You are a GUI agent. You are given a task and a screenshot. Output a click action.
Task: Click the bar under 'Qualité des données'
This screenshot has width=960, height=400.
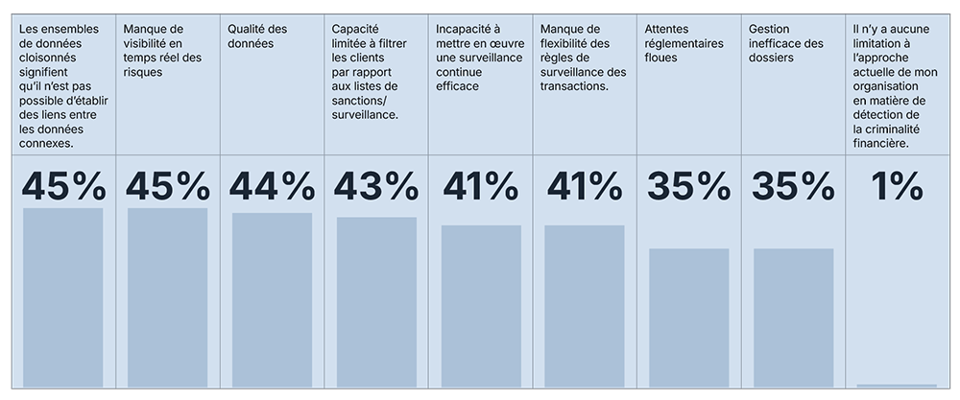(272, 299)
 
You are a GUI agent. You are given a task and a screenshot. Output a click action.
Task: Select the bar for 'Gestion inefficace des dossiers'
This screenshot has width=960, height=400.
(793, 318)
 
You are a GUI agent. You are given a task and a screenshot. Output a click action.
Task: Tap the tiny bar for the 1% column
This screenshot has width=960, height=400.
(897, 386)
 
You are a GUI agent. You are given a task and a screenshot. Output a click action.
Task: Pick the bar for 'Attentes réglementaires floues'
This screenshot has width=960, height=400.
(688, 318)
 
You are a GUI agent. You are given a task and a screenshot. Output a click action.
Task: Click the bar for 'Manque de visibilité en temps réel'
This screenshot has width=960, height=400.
(167, 297)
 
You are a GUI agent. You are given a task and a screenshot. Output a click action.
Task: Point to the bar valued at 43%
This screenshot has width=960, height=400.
(376, 302)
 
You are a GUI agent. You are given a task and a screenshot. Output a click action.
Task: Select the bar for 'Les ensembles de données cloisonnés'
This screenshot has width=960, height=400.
(62, 297)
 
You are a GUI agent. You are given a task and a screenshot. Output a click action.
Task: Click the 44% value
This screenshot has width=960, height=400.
(272, 186)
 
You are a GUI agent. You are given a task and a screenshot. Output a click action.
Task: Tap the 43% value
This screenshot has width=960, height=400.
(376, 186)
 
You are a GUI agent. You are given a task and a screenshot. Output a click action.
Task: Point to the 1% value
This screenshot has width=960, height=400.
(897, 186)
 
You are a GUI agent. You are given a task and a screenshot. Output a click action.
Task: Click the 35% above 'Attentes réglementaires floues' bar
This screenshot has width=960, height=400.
(688, 186)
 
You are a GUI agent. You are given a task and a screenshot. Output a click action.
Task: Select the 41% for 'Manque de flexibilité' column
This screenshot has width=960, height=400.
(584, 186)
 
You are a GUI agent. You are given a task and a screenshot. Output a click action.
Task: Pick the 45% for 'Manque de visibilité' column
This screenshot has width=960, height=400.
(167, 186)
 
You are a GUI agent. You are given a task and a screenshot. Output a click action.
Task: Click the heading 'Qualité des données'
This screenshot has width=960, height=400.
(258, 35)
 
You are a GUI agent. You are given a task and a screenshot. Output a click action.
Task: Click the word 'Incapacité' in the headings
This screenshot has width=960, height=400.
(461, 29)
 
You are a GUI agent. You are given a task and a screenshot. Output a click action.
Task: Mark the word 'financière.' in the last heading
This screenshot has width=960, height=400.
(881, 143)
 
